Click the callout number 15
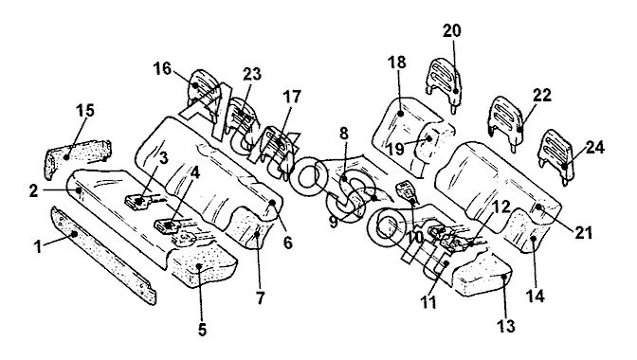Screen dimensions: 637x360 pos(85,111)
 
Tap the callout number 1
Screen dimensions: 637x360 pos(38,246)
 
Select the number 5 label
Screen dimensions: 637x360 pos(202,329)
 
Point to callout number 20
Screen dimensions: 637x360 pos(452,30)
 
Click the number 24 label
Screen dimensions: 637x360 pos(594,148)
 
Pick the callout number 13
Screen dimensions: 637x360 pos(506,326)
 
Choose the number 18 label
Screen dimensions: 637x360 pos(396,63)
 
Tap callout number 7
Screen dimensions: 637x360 pos(260,298)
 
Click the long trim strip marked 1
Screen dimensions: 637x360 pos(103,255)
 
